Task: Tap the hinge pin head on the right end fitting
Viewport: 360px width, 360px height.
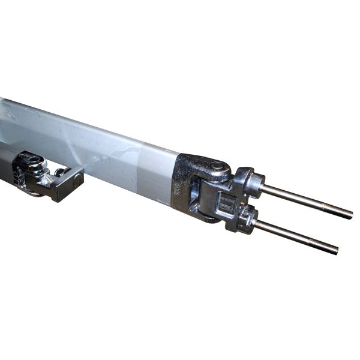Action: tap(217, 166)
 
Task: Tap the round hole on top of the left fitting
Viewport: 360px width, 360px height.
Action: tap(31, 160)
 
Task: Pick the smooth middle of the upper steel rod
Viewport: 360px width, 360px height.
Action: tap(303, 200)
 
